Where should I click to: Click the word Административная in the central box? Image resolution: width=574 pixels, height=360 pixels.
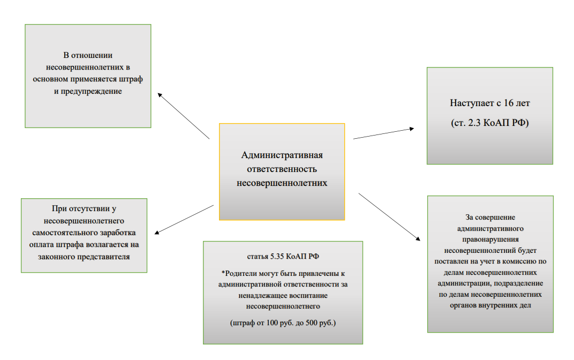click(x=282, y=155)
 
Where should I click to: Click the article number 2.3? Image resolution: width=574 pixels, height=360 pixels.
click(x=472, y=123)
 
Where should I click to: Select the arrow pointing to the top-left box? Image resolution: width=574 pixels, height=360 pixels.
click(x=183, y=116)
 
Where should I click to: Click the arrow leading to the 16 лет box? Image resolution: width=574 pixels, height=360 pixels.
click(x=384, y=133)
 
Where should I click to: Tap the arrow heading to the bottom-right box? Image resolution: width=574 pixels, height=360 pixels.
click(x=388, y=215)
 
